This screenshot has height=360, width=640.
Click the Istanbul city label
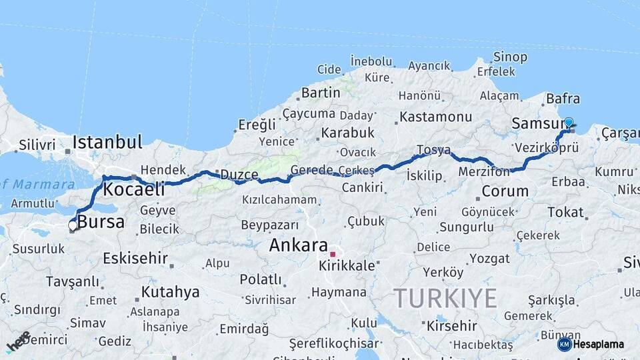(107, 142)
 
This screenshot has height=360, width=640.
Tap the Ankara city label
(298, 245)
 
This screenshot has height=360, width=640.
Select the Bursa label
(101, 221)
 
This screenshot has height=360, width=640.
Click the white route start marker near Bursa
(73, 226)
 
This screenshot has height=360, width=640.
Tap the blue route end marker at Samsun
(569, 123)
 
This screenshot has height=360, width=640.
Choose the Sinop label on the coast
(510, 57)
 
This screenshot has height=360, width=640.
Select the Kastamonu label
(435, 117)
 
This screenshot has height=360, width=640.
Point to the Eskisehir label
(135, 257)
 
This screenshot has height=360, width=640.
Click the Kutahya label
(170, 292)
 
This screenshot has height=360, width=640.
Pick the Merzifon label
(484, 172)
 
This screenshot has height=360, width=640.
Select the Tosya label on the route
(433, 150)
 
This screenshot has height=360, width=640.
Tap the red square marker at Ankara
(333, 254)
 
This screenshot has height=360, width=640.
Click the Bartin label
(321, 93)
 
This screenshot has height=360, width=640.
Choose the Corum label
(505, 191)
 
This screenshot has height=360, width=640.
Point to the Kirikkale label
(347, 265)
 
